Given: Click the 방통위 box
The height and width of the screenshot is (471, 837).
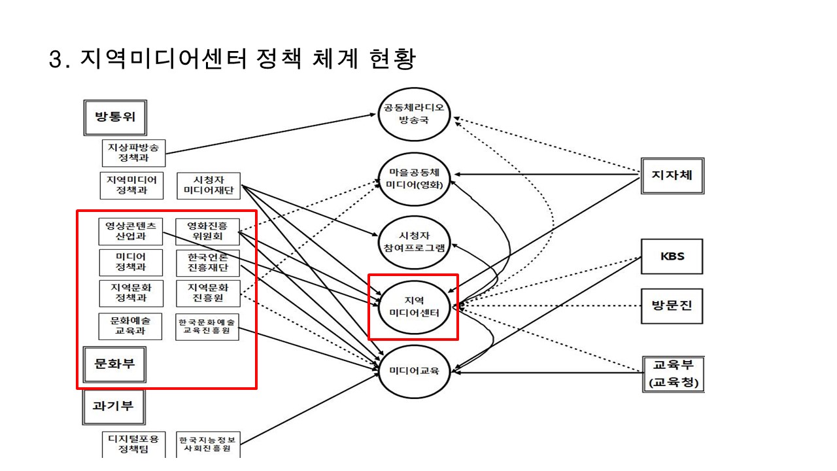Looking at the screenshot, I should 115,118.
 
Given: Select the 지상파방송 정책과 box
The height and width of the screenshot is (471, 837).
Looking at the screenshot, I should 133,152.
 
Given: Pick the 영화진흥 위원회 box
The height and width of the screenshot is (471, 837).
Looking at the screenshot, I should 208,230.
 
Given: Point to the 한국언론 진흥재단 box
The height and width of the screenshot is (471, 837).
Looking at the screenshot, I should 208,262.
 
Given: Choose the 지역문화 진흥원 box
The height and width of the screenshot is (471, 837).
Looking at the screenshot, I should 208,292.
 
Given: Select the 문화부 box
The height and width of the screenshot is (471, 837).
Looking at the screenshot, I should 115,364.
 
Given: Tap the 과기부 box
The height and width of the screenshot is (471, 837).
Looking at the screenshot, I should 115,406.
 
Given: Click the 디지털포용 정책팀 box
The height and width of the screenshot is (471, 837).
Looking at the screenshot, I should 133,443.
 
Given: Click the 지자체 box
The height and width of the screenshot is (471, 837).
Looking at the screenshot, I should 672,175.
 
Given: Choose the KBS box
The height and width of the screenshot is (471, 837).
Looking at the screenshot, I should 672,256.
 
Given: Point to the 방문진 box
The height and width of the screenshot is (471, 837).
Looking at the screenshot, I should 672,305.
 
